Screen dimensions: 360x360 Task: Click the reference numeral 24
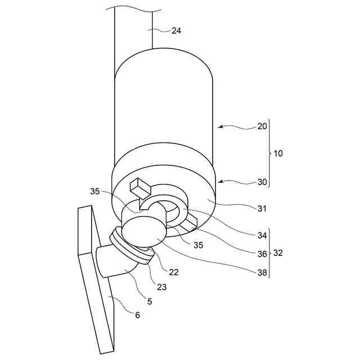pos(177,31)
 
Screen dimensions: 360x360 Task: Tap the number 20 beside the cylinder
pos(262,127)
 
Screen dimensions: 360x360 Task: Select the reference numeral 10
pos(278,154)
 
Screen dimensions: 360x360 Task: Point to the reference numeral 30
pos(262,181)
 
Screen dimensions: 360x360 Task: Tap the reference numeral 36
pos(262,254)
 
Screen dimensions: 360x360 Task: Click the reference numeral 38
pos(262,272)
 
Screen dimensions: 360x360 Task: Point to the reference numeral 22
pos(174,272)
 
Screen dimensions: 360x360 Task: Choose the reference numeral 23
pos(162,286)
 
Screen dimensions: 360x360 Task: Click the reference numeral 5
pos(149,301)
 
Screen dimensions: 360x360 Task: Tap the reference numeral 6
pos(137,315)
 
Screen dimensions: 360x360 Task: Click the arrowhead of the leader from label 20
pos(220,127)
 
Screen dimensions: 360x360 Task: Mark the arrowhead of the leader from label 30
pos(220,181)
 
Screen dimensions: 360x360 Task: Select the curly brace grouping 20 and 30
pos(269,154)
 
